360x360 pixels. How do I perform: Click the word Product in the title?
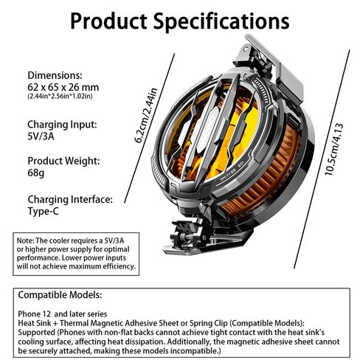(108, 21)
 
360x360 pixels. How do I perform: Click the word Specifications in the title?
(221, 21)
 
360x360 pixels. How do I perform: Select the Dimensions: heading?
(55, 75)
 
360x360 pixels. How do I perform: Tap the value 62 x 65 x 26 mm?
(63, 87)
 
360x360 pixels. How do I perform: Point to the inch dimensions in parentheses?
(60, 96)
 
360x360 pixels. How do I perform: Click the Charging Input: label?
(62, 125)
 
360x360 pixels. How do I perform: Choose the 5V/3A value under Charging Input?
(41, 136)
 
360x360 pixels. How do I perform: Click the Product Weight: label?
(63, 161)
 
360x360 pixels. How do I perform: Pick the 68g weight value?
(36, 173)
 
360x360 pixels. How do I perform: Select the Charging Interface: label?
(70, 199)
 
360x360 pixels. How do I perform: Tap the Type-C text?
(44, 211)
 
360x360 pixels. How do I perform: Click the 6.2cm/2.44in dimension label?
(145, 115)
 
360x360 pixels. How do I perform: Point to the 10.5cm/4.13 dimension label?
(333, 150)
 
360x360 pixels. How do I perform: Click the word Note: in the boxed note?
(25, 240)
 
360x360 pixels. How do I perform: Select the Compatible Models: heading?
(60, 295)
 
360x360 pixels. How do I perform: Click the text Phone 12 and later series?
(63, 314)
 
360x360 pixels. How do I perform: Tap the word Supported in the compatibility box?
(37, 333)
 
